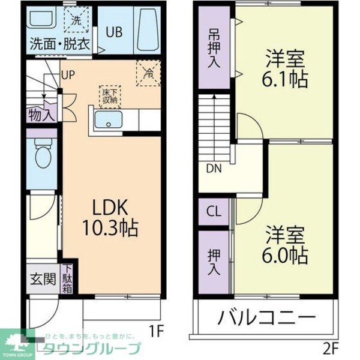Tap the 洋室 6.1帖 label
coord(286,70)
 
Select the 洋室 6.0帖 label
coord(286,245)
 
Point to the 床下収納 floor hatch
coord(110,95)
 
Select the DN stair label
coord(214,169)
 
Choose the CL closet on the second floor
coord(213,211)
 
